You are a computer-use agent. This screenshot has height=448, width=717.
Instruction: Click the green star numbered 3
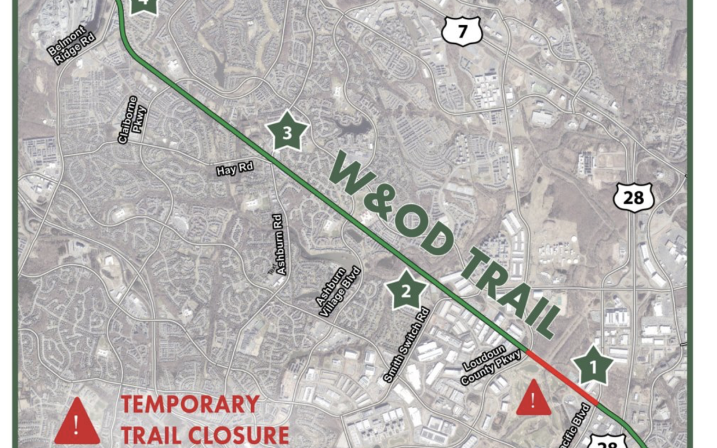click(287, 133)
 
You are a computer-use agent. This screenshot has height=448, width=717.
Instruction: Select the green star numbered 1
click(592, 365)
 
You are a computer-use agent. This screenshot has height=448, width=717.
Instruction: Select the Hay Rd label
click(235, 170)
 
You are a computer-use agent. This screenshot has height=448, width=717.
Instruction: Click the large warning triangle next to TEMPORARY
click(77, 422)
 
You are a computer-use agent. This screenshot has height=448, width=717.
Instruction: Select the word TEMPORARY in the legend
click(190, 404)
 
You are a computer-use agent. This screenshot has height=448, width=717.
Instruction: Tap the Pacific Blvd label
click(578, 421)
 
